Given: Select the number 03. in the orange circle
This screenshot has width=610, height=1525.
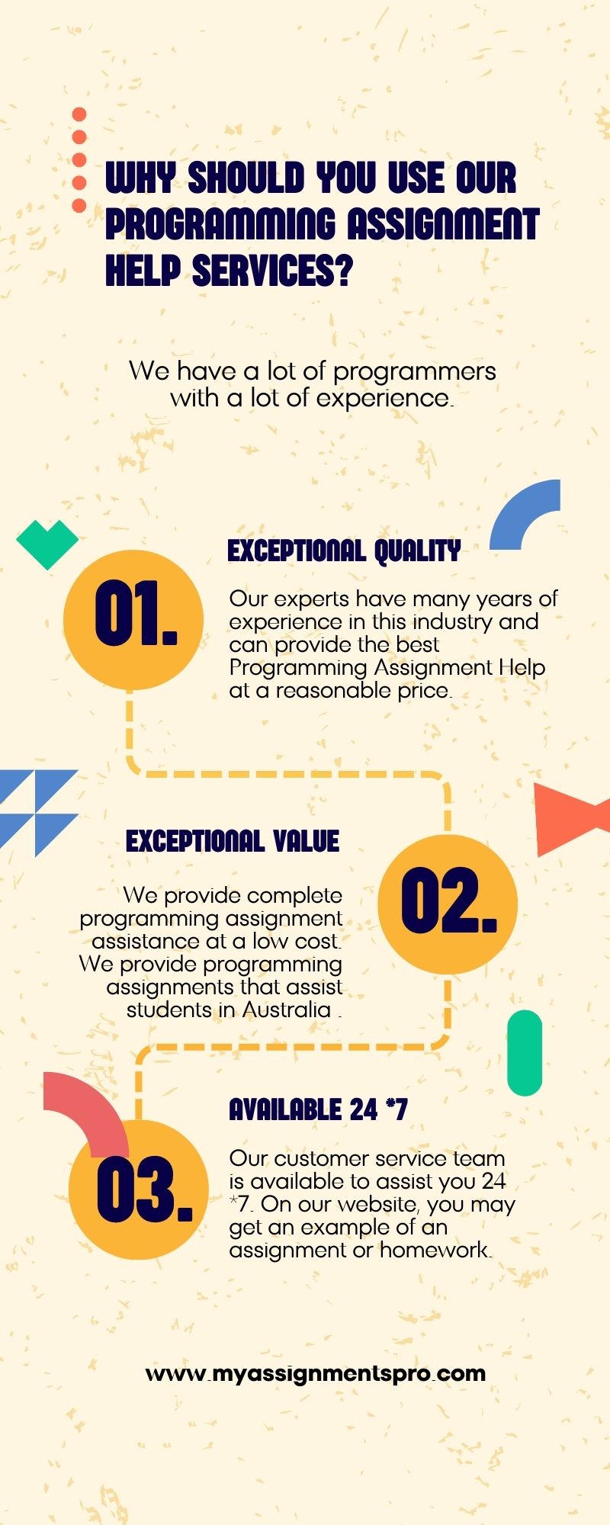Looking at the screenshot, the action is click(145, 1189).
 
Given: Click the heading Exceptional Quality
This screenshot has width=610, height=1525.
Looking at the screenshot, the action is click(344, 551).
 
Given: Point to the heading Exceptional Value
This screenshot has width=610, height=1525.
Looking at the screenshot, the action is click(233, 841).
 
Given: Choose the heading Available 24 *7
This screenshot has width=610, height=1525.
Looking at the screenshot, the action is click(318, 1109).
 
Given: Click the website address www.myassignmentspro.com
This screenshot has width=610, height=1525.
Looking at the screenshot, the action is click(316, 1373).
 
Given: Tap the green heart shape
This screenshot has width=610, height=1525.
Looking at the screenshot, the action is click(47, 544).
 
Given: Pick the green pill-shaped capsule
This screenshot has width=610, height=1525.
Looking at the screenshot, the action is click(525, 1053).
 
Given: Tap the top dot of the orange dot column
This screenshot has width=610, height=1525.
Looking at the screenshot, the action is click(79, 114).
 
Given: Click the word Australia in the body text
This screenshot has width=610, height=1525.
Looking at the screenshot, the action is click(287, 1010).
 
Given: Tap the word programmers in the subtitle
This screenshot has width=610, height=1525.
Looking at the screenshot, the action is click(415, 372).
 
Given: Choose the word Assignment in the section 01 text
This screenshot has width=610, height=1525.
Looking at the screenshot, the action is click(433, 668).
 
